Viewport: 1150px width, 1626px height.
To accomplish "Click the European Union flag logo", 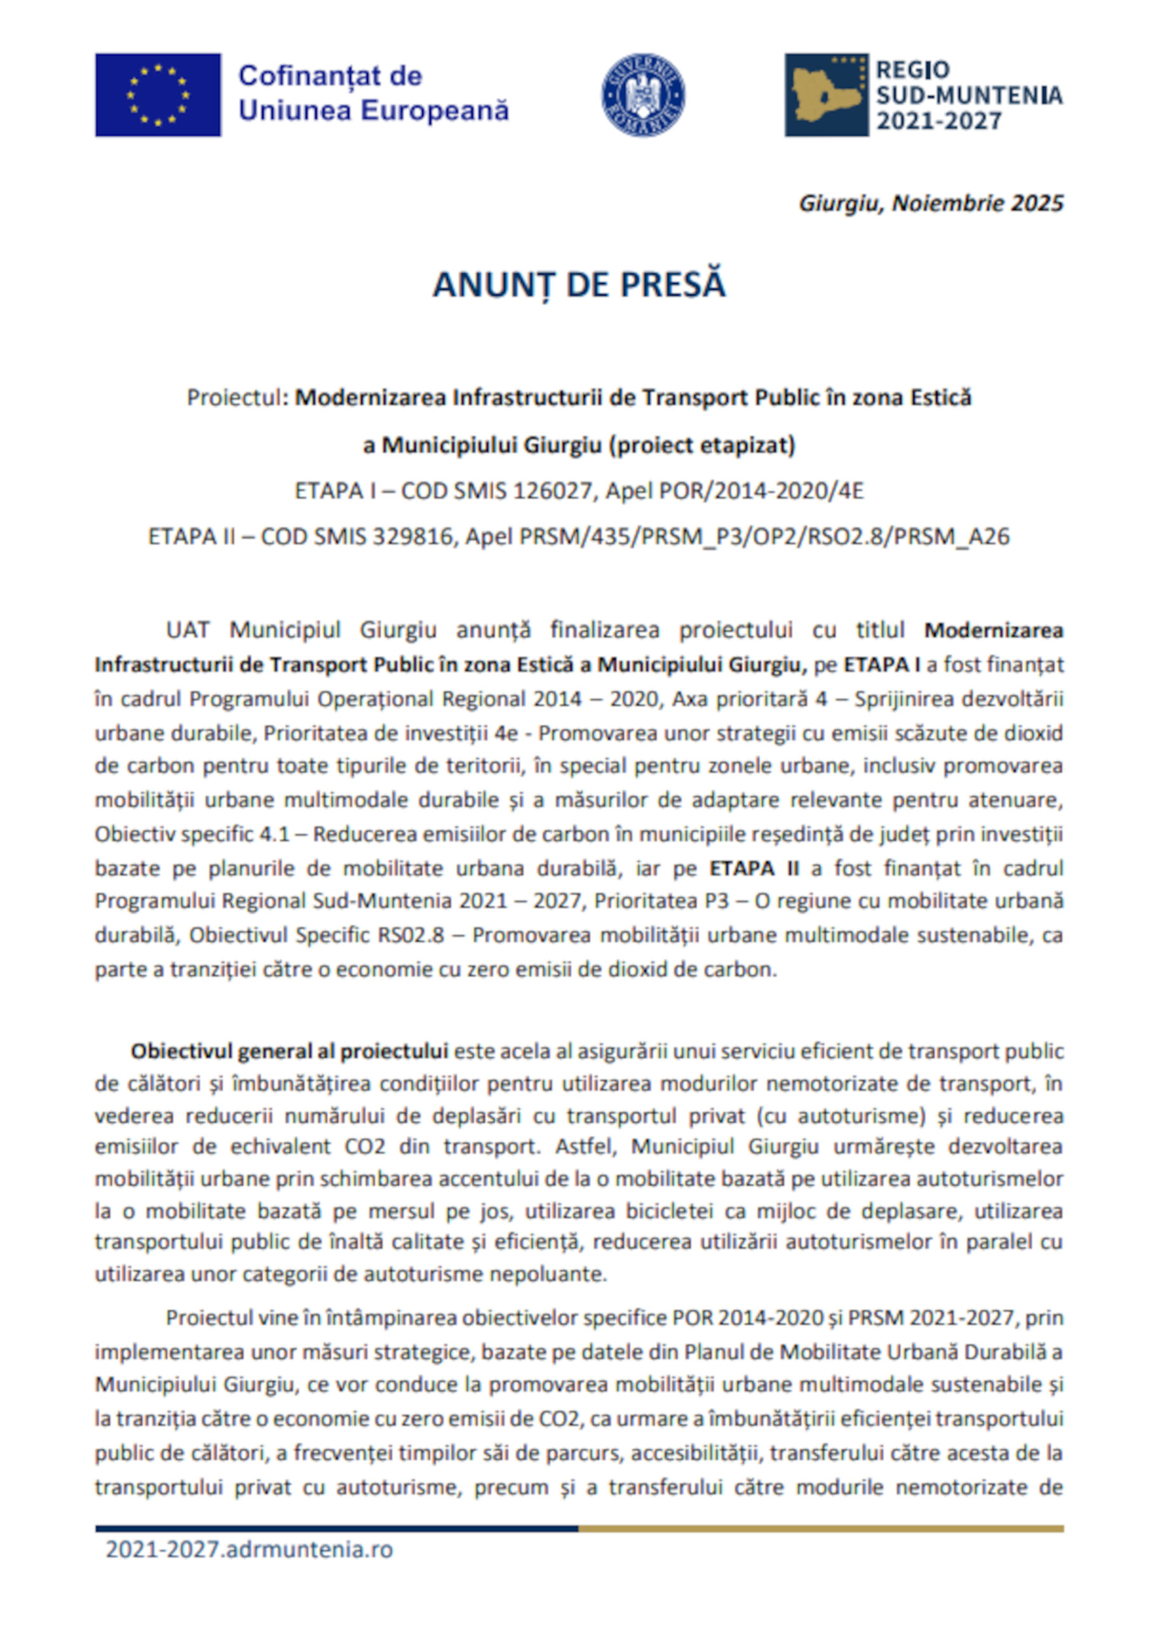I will pos(158,95).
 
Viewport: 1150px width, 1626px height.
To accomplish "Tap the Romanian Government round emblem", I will pos(643,95).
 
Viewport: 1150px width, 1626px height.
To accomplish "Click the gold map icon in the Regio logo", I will pos(825,95).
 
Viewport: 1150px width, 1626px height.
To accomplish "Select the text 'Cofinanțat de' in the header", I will pos(330,76).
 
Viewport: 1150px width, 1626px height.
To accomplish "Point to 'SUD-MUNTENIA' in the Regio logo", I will pos(969,95).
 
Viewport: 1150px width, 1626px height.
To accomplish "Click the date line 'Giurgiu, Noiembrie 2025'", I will pos(930,203).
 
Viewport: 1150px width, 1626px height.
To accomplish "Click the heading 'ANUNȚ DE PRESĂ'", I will pos(579,285).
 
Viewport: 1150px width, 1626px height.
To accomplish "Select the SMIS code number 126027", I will pos(551,491).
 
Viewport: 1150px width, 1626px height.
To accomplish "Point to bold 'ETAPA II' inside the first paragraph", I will pos(754,868).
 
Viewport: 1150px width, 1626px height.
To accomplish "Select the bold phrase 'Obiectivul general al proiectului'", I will pos(289,1051).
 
